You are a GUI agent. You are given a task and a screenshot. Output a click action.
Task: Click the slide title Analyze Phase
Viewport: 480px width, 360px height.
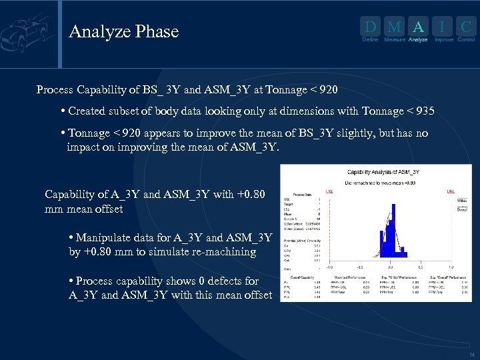[x=124, y=31]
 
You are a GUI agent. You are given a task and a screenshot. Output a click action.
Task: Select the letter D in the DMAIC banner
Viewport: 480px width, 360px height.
[x=370, y=27]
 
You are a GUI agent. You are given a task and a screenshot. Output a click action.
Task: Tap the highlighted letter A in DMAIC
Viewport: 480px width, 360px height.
[x=418, y=27]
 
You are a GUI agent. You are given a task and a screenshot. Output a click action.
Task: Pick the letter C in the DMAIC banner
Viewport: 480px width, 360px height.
[x=467, y=27]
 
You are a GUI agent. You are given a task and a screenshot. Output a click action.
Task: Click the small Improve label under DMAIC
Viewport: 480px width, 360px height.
[x=443, y=40]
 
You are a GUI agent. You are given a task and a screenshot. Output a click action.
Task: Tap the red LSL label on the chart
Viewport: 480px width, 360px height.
[x=330, y=190]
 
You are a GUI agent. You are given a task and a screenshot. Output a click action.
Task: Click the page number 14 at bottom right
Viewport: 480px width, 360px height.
[x=471, y=355]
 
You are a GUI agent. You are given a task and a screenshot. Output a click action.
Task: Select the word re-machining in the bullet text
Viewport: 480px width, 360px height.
[x=223, y=251]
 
